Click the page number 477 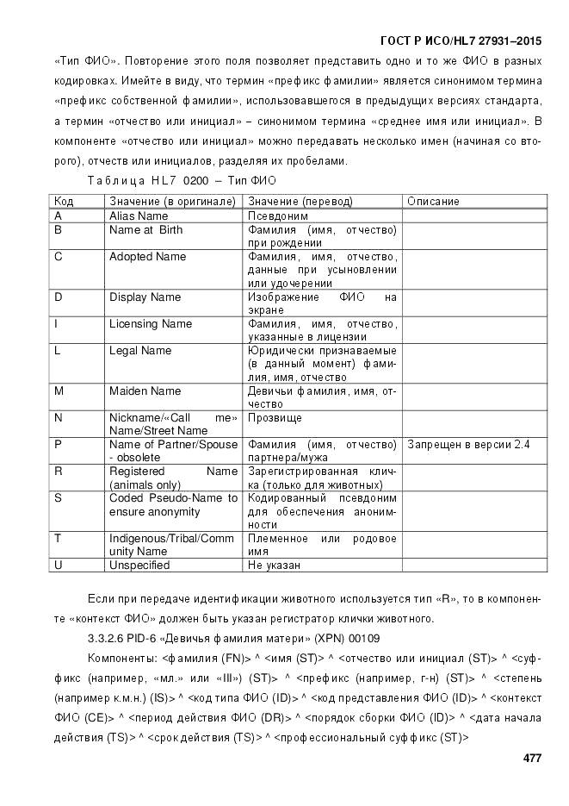click(532, 759)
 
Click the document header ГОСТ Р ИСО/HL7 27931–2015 click(461, 41)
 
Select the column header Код click(64, 201)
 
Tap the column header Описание click(433, 201)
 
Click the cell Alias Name click(139, 216)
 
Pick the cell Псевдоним click(278, 216)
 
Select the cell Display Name click(145, 297)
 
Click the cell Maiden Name click(145, 391)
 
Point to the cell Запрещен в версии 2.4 click(467, 445)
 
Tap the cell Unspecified click(139, 565)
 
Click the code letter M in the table click(59, 391)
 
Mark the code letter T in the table click(58, 539)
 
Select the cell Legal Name click(140, 351)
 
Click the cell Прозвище click(275, 418)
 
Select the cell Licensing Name click(150, 324)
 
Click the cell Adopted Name click(147, 257)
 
